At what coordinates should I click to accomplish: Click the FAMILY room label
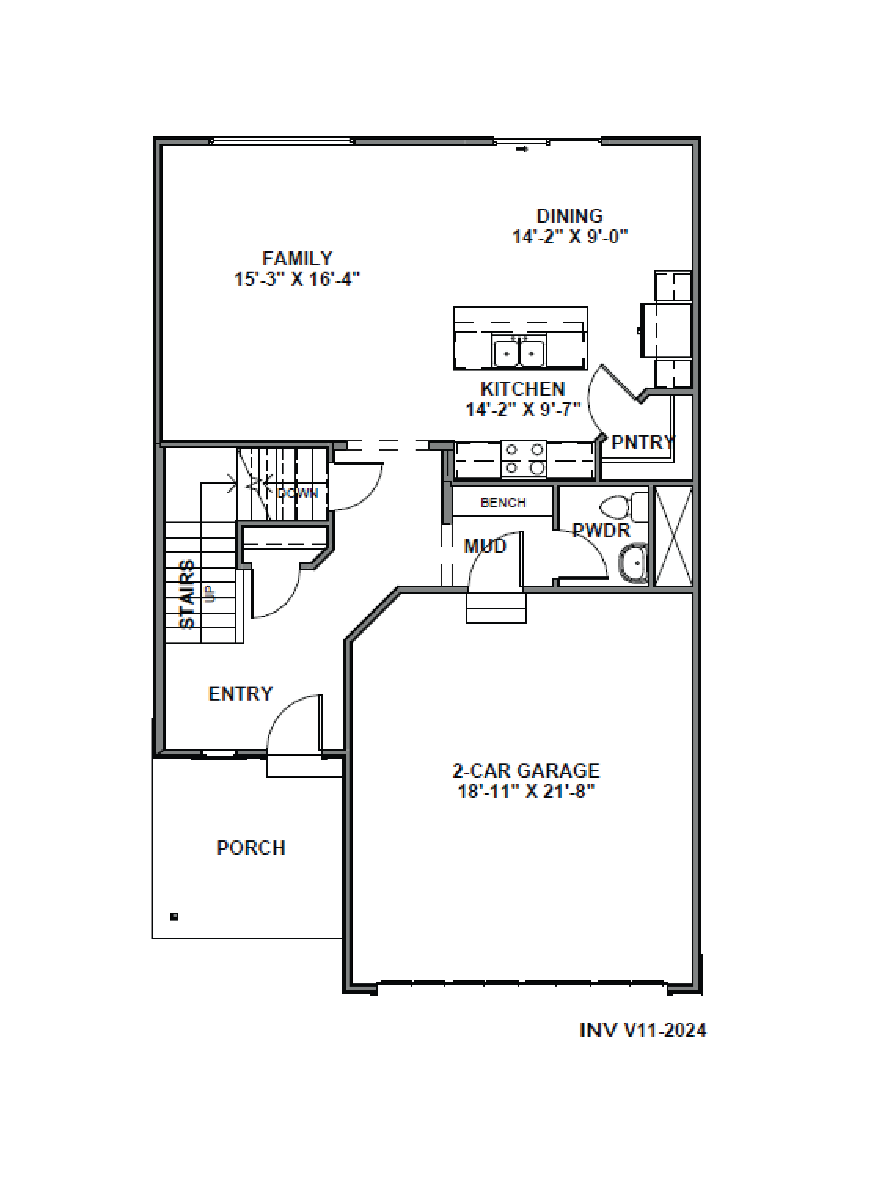(297, 259)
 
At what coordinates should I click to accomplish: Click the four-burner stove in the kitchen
(524, 458)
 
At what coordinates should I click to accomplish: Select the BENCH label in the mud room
(503, 502)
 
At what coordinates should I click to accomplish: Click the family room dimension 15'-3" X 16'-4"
(297, 279)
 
